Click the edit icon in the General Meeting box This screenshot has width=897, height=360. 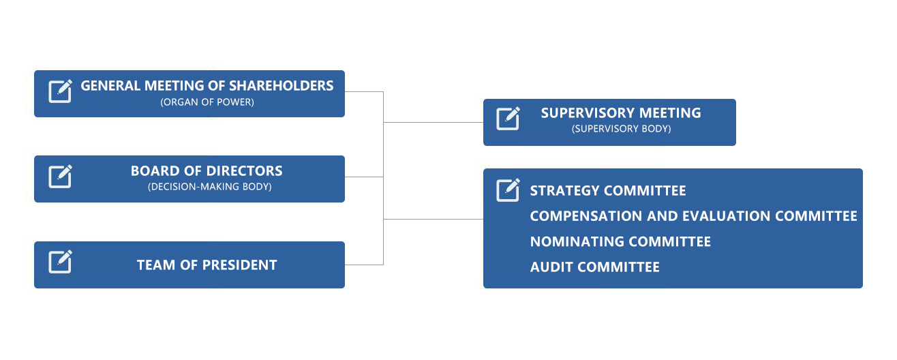tap(60, 91)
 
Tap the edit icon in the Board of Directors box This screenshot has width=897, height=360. tap(60, 176)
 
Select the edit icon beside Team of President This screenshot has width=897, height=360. tap(60, 262)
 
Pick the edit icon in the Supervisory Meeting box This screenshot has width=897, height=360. tap(508, 119)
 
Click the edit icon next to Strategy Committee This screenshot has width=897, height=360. tap(508, 190)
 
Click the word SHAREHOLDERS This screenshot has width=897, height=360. tap(281, 86)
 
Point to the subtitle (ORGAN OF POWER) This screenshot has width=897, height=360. tap(207, 102)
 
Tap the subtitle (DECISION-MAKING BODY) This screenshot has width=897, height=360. tap(209, 187)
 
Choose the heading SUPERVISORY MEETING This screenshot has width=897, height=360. tap(621, 113)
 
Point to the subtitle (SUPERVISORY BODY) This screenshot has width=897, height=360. tap(621, 129)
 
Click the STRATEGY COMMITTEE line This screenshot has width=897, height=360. tap(608, 191)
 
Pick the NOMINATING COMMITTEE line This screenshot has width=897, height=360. tap(620, 241)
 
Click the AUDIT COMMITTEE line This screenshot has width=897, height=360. tap(594, 267)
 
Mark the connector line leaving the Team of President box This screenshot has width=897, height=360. tap(364, 265)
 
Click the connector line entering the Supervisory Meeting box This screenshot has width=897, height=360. tap(434, 122)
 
